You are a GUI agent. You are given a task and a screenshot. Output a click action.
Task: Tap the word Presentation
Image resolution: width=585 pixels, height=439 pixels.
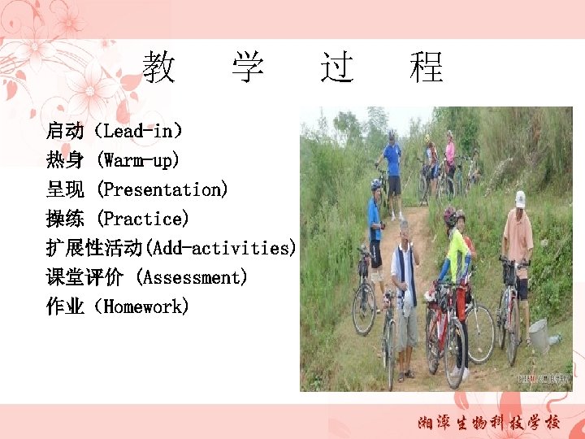pos(162,189)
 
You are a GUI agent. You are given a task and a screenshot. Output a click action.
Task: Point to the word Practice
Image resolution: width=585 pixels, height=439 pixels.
pos(143,219)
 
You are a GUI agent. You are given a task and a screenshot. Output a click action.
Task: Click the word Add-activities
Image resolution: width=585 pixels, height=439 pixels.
pos(220,248)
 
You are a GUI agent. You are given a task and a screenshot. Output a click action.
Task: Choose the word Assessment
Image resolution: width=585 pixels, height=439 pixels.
pos(193,277)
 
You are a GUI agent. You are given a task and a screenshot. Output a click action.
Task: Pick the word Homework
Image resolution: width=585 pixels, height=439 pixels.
pos(147,306)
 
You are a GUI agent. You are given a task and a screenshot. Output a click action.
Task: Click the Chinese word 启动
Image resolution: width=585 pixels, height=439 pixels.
pos(65,130)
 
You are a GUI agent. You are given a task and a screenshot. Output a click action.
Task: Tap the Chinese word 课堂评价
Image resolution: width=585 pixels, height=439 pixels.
pos(84,277)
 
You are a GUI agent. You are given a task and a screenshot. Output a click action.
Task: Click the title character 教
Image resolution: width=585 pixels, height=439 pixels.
pos(159,67)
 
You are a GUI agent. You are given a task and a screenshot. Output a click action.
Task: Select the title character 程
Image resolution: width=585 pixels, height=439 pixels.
pos(427,67)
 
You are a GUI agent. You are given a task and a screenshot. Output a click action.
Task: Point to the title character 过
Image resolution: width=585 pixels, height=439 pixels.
pos(337,67)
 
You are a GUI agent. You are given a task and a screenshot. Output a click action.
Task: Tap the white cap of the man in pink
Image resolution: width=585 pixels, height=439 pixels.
pos(520,198)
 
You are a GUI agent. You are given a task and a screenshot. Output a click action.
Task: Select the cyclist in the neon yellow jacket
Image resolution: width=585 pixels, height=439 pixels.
pos(457,256)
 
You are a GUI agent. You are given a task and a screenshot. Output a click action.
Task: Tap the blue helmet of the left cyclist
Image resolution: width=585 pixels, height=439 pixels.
pos(375,185)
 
